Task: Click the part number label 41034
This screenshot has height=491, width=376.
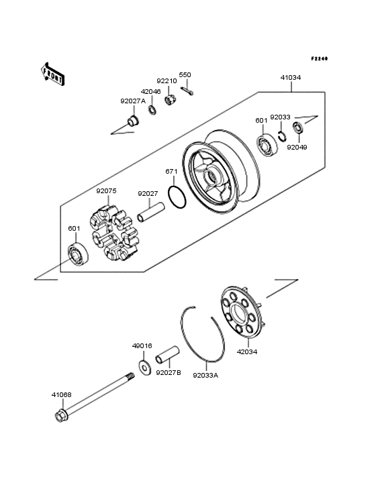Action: [290, 78]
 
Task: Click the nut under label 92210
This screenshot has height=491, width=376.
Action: [171, 101]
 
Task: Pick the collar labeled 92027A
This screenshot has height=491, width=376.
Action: [132, 122]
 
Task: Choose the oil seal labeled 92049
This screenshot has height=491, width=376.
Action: [297, 127]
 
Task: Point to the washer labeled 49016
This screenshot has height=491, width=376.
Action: [144, 367]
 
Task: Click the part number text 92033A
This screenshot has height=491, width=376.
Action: [205, 376]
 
